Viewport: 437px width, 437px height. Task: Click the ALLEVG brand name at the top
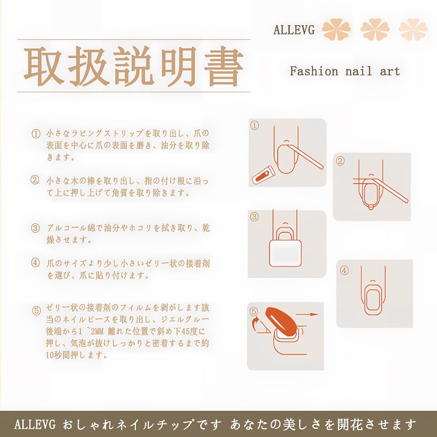(x=294, y=29)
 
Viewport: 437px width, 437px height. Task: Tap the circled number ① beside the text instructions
(x=36, y=134)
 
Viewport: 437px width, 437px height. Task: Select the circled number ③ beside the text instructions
(x=36, y=228)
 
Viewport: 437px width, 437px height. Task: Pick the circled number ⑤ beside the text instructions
(x=37, y=310)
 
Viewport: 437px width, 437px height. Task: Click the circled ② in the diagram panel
(x=340, y=161)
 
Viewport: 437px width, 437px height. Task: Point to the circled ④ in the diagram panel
(x=344, y=270)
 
